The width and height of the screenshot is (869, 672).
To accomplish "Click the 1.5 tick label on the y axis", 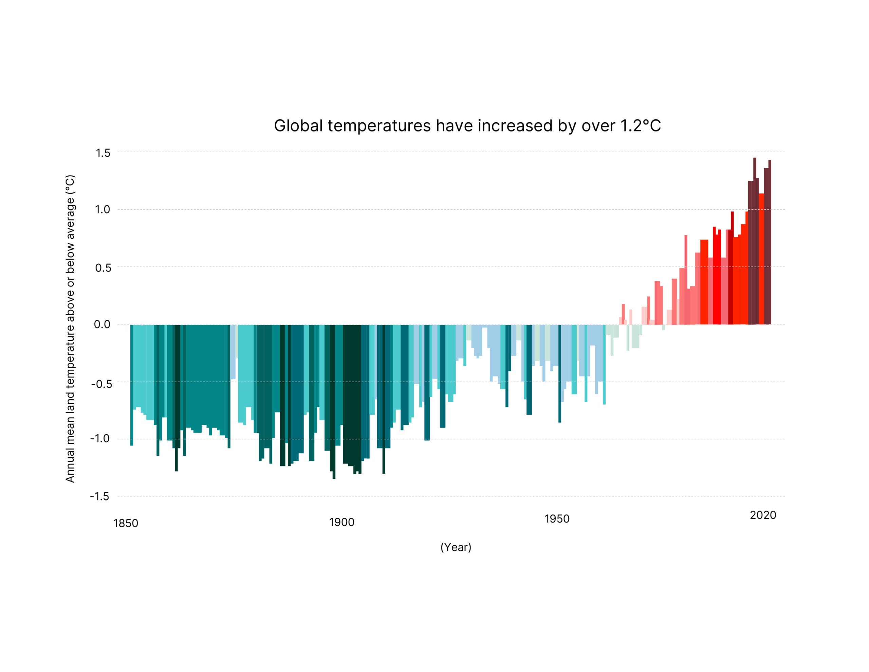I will [103, 153].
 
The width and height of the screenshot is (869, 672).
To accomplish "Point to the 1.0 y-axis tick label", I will [102, 210].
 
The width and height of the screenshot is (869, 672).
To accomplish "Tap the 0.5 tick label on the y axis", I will [103, 268].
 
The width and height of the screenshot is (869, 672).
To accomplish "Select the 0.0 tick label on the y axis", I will [102, 325].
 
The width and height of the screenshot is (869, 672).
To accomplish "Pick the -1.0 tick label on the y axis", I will [100, 439].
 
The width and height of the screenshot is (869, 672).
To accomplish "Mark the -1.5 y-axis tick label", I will [99, 496].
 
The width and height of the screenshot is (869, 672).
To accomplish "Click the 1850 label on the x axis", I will [126, 523].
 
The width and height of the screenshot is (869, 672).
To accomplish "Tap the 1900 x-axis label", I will [341, 522].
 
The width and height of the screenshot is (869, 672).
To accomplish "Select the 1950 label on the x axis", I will [557, 519].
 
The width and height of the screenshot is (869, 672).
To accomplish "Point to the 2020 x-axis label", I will [763, 515].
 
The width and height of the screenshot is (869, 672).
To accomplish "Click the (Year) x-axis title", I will [456, 547].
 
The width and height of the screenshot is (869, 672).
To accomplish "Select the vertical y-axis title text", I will [70, 329].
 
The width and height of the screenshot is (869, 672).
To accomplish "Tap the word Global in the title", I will [298, 126].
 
